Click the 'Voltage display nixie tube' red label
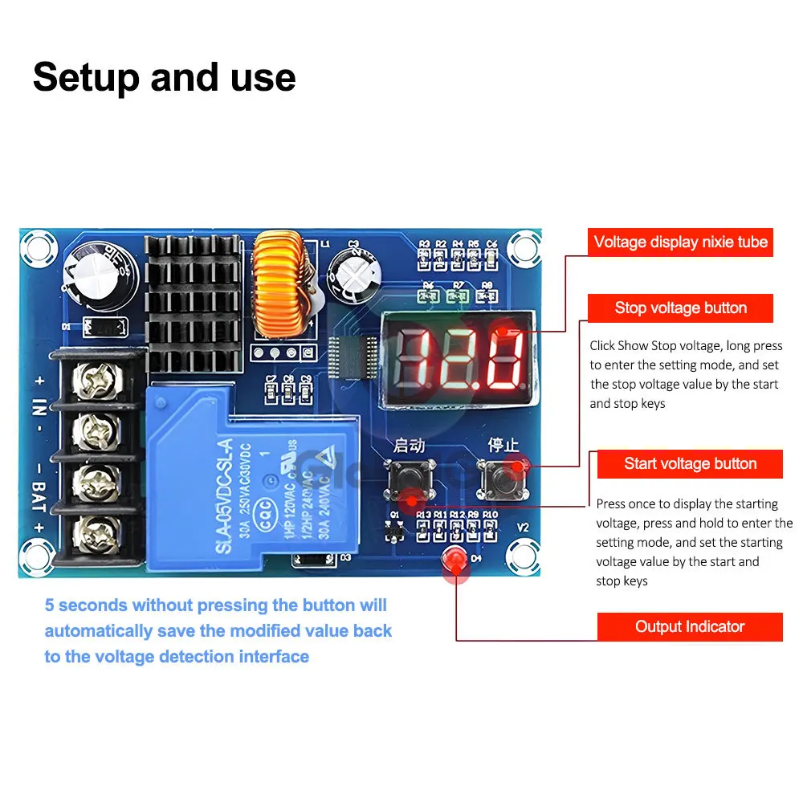(x=680, y=242)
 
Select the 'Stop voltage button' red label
(x=680, y=308)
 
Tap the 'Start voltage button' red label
(x=690, y=463)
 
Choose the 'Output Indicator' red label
(x=690, y=626)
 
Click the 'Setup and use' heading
(x=164, y=77)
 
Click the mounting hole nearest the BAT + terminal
(x=37, y=553)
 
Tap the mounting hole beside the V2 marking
(x=524, y=553)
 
